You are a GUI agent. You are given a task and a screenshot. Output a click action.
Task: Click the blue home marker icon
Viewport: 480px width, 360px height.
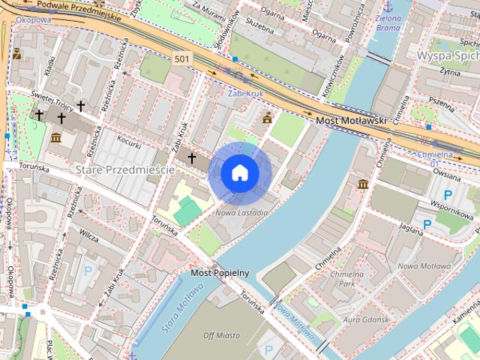[x=240, y=173]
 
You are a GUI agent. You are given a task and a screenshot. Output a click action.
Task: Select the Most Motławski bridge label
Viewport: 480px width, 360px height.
[x=350, y=119]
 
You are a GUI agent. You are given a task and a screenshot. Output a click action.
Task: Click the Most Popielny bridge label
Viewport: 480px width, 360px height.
[x=220, y=272]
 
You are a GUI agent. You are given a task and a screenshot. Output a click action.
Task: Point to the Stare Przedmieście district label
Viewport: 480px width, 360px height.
[x=125, y=170]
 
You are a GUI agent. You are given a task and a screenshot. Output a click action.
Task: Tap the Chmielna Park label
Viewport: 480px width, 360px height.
[x=346, y=279]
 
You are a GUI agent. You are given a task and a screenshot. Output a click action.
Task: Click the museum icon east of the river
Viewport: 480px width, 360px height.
[x=363, y=184]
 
